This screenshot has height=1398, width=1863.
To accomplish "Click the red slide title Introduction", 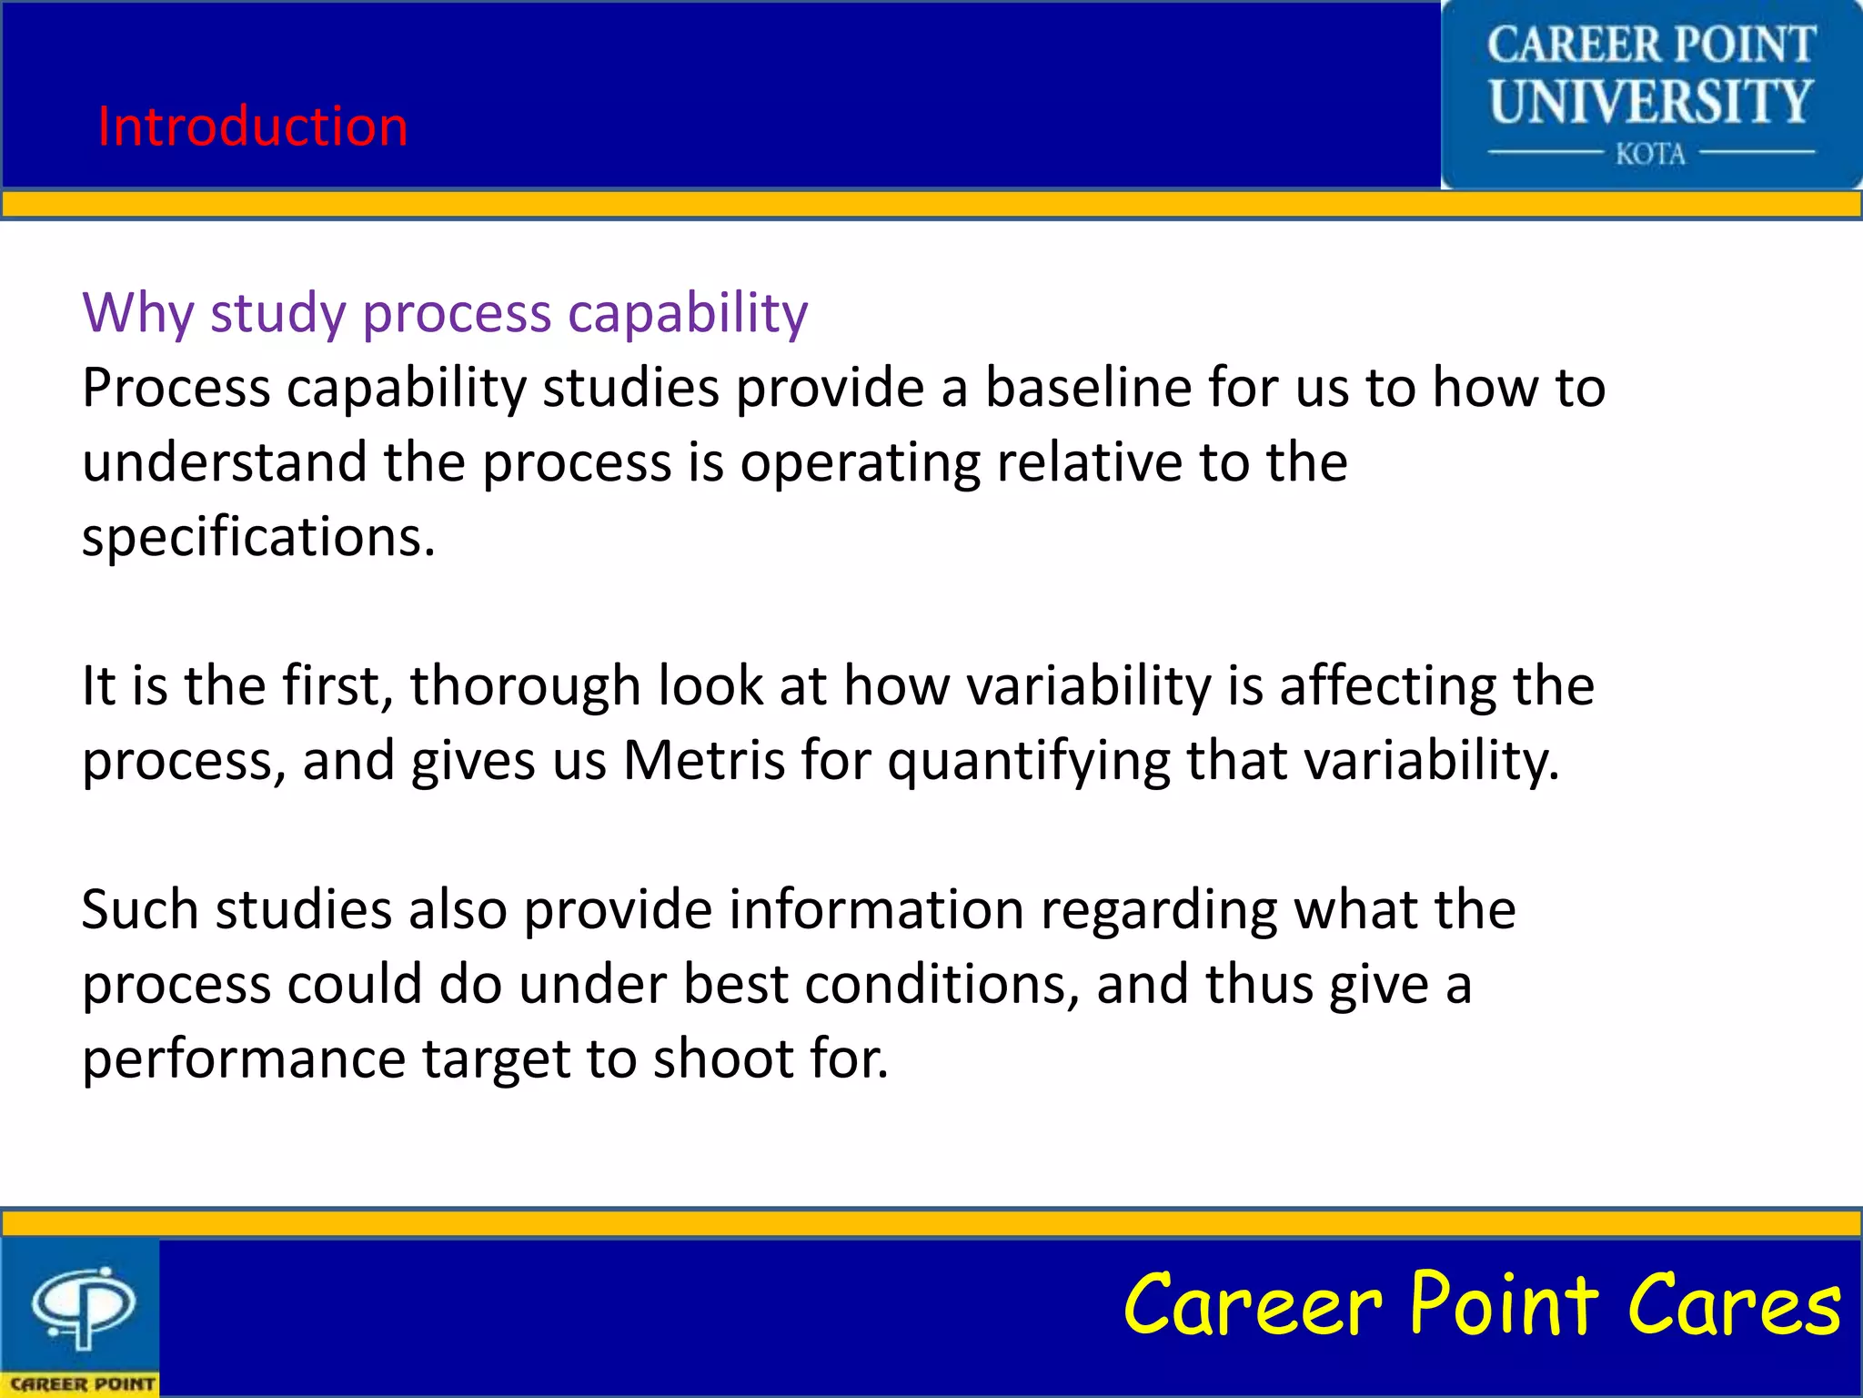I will click(253, 126).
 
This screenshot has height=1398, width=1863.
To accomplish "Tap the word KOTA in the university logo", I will click(1650, 154).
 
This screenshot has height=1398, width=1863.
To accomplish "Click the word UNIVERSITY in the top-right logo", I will click(1650, 101).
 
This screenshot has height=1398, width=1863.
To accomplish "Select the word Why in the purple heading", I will click(137, 313).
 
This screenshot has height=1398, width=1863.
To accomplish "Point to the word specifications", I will click(258, 537).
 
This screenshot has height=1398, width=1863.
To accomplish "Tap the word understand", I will click(224, 462).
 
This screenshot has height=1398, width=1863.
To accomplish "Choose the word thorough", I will click(525, 685).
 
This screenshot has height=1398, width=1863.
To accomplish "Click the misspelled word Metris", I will click(703, 760).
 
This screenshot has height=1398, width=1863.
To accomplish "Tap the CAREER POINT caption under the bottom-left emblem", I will click(82, 1383).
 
